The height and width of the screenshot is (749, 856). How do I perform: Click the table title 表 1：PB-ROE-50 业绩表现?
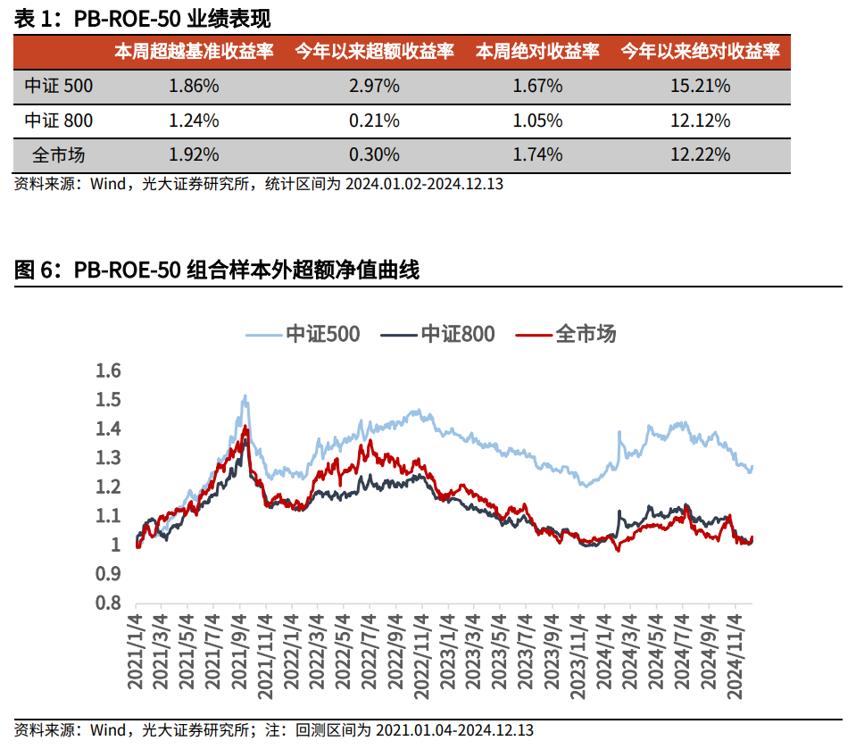[x=143, y=18]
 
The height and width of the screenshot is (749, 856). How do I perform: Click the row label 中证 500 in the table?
[x=58, y=87]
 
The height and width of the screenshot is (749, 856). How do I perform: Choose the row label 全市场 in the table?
[x=58, y=154]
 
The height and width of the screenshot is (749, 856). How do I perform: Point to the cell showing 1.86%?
[x=194, y=87]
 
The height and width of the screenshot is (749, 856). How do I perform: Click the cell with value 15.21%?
[x=700, y=87]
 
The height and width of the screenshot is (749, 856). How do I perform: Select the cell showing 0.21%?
[x=374, y=121]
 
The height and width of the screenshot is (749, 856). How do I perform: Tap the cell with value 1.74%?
[x=537, y=154]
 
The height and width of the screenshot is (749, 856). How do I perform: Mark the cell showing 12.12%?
[x=700, y=121]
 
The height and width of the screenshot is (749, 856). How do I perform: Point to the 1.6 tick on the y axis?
[x=107, y=370]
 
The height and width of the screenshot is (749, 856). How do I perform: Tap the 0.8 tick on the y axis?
[x=107, y=603]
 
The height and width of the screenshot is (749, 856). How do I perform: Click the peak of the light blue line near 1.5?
[x=245, y=396]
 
